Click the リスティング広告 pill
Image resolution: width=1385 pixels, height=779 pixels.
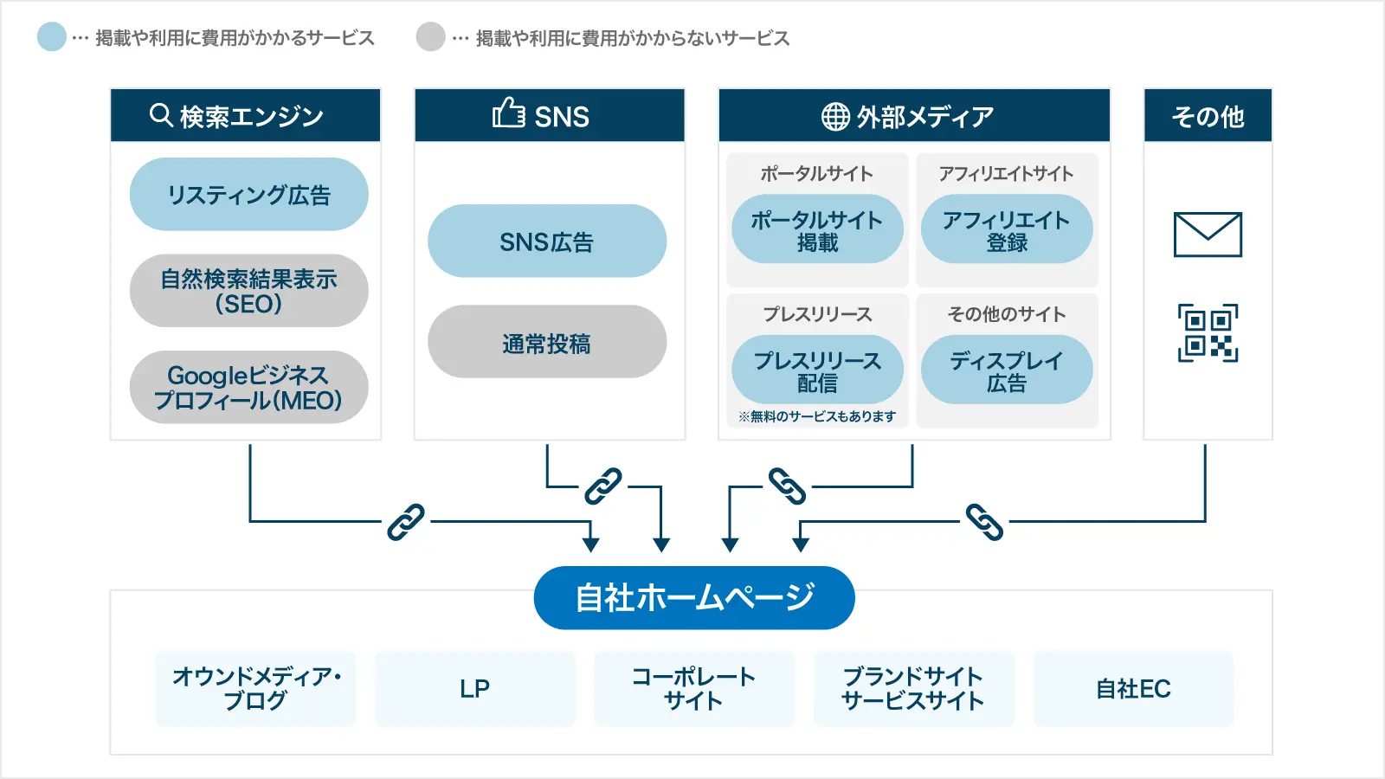tap(248, 195)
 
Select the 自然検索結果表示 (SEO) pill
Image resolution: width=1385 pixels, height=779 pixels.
tap(248, 291)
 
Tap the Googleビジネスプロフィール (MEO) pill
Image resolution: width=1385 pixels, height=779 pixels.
tap(248, 387)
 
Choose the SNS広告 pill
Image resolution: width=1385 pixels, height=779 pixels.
tap(546, 241)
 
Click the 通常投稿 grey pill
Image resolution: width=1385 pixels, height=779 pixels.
tap(546, 343)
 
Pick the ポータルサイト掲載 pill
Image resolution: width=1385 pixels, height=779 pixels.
tap(817, 230)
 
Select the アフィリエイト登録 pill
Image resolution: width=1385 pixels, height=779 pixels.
tap(1006, 230)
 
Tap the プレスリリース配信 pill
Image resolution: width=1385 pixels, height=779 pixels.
tap(817, 370)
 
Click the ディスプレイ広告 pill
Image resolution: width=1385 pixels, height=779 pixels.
tap(1006, 370)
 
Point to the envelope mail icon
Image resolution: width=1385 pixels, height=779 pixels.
tap(1208, 235)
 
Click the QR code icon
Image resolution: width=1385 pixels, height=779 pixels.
tap(1208, 332)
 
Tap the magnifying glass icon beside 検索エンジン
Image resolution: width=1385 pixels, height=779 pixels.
tap(161, 115)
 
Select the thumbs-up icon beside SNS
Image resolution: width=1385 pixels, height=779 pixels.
tap(508, 113)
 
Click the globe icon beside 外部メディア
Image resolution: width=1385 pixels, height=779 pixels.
tap(835, 116)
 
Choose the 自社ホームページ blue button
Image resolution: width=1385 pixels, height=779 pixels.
tap(694, 597)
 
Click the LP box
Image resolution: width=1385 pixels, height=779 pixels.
tap(474, 689)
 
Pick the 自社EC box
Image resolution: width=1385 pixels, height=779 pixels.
tap(1132, 689)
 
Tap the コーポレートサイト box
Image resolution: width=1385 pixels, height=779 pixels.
tap(693, 689)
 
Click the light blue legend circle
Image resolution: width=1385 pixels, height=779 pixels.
tap(52, 37)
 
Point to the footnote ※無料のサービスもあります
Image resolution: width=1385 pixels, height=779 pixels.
tap(816, 416)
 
